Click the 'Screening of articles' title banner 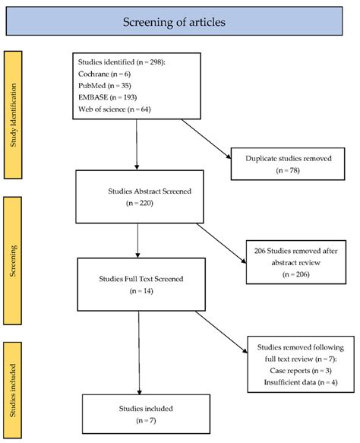click(x=179, y=22)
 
